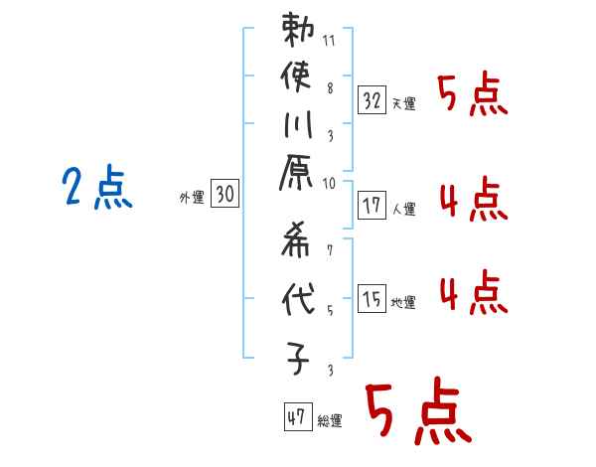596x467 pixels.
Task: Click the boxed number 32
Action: tap(372, 99)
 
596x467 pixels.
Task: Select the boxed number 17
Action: tap(372, 207)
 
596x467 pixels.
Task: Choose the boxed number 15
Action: tap(372, 299)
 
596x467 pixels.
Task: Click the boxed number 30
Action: tap(224, 196)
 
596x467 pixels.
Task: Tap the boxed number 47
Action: tap(295, 418)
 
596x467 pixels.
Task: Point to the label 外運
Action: tap(192, 198)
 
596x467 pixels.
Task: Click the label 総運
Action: tap(330, 421)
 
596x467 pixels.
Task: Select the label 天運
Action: tap(403, 103)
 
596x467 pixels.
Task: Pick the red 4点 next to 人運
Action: tap(473, 202)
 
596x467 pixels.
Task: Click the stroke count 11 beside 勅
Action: tap(330, 43)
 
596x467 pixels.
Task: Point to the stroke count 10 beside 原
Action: tap(330, 183)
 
